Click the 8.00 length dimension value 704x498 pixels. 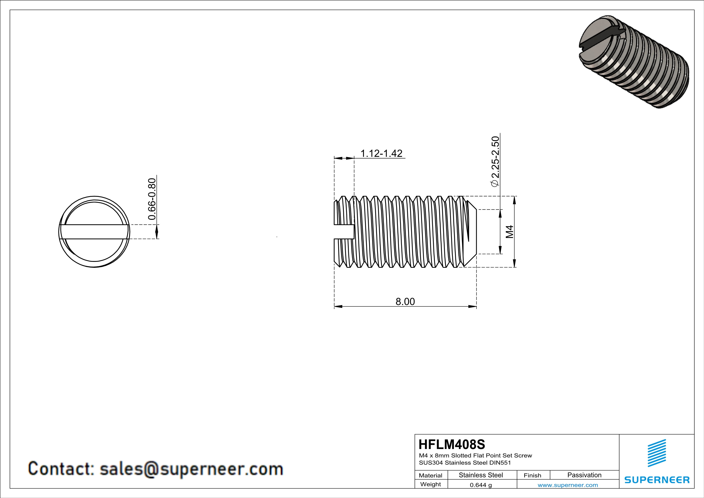tap(405, 302)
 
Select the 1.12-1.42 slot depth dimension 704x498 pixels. tap(381, 153)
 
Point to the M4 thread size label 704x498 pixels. tap(509, 232)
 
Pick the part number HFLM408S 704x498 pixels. tap(452, 444)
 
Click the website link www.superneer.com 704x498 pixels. tap(567, 485)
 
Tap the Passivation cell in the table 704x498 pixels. tap(584, 475)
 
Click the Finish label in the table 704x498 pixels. tap(532, 475)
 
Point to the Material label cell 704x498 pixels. tap(431, 475)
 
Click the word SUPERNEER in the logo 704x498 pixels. tap(657, 480)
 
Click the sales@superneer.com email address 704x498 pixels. tap(191, 469)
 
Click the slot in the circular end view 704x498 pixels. tap(94, 232)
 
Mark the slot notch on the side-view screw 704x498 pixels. tap(344, 232)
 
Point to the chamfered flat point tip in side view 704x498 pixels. tap(471, 232)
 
